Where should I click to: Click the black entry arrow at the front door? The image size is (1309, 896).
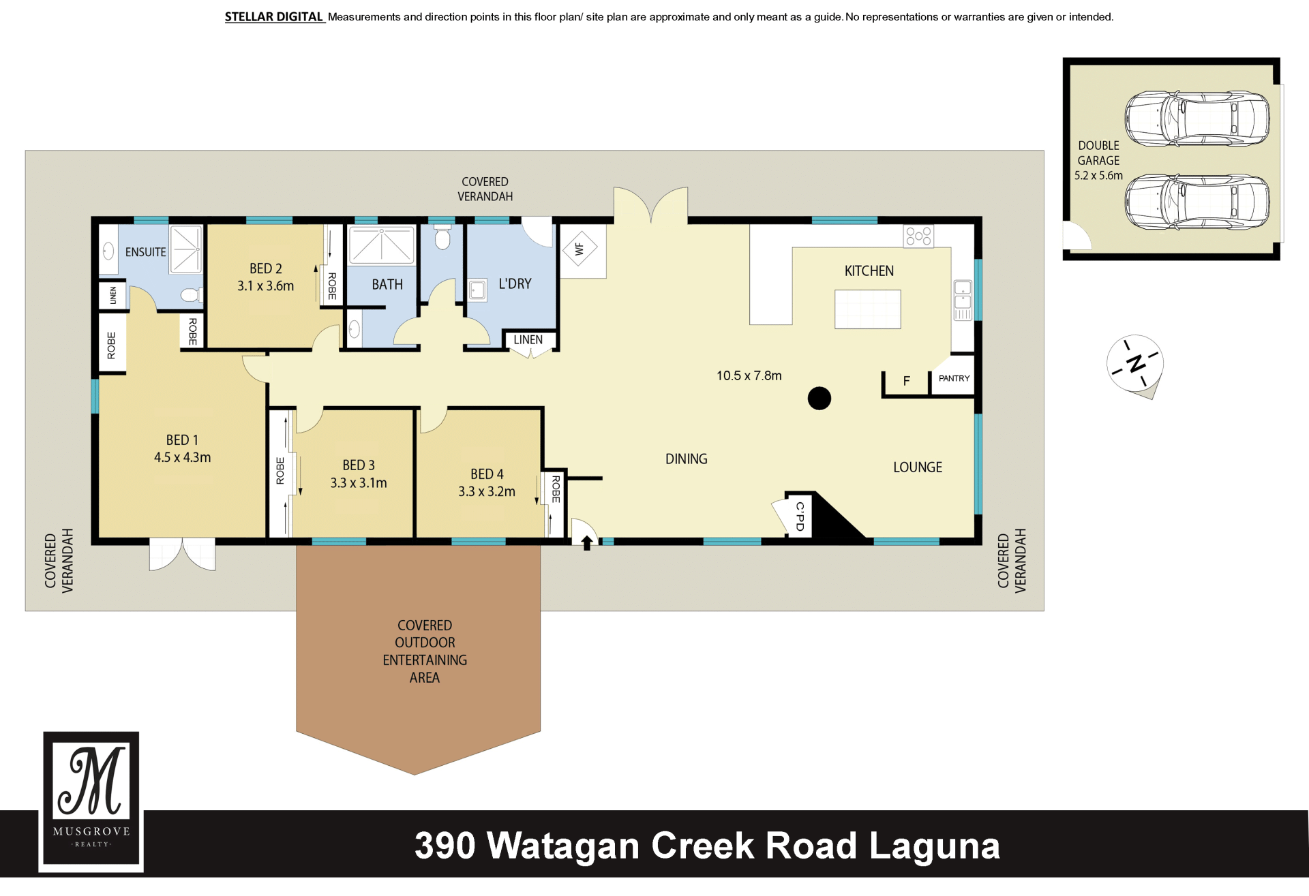[587, 542]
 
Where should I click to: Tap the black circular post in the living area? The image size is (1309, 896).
[819, 398]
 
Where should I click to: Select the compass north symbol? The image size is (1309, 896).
[1135, 365]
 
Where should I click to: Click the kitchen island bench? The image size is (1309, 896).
[868, 309]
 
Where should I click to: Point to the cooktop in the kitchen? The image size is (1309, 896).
[918, 236]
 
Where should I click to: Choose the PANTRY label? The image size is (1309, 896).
[954, 378]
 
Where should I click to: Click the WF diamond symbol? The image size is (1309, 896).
[580, 249]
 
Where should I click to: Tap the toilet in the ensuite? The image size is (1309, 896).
[192, 295]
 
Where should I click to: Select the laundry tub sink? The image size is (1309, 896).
[477, 290]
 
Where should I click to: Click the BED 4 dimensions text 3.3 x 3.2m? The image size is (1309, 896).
[487, 491]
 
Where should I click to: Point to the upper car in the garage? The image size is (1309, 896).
[1197, 119]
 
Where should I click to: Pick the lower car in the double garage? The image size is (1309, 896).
[1197, 202]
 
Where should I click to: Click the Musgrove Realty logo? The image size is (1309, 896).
[91, 801]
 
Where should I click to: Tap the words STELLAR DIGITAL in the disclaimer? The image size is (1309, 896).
[274, 16]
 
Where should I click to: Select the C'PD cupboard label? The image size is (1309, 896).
[800, 516]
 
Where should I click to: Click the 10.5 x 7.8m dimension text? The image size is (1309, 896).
[749, 375]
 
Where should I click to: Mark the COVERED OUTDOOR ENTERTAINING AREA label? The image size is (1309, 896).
[425, 651]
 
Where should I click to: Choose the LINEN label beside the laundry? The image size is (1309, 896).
[528, 339]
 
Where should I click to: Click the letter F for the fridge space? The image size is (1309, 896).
[907, 381]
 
